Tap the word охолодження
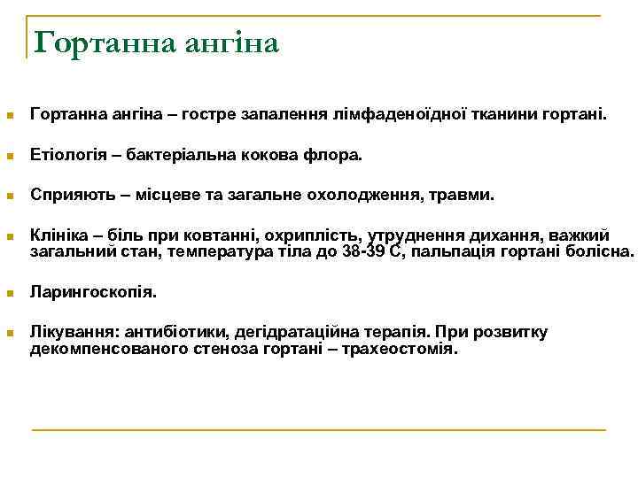pyautogui.click(x=371, y=194)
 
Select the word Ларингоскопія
pyautogui.click(x=94, y=290)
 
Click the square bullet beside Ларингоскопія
pyautogui.click(x=11, y=292)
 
